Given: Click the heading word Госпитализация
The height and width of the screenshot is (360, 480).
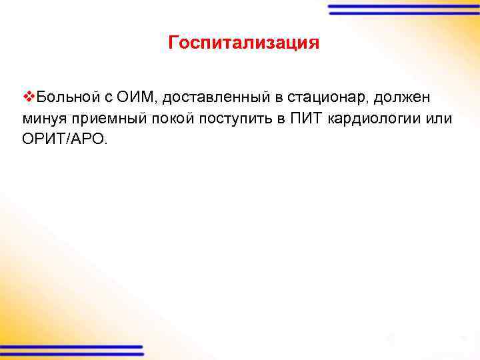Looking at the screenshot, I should pyautogui.click(x=244, y=43).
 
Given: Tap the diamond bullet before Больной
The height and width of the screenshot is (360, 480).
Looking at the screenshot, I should pyautogui.click(x=27, y=97).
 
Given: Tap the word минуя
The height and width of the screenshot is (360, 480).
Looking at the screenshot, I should pyautogui.click(x=44, y=119).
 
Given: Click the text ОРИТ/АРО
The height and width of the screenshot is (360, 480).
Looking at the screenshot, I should pyautogui.click(x=64, y=140).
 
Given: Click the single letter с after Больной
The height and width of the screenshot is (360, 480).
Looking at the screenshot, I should pyautogui.click(x=106, y=98).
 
